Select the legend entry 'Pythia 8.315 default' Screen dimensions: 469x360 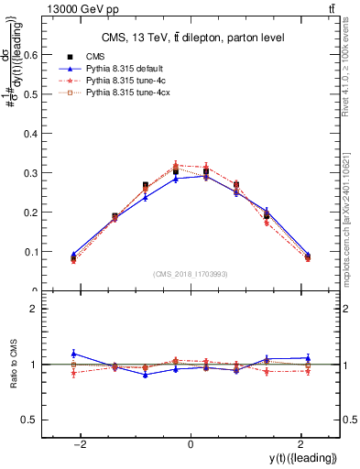point(123,69)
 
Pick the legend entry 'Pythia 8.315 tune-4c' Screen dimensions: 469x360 point(124,81)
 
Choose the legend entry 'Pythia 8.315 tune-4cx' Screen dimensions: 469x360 point(125,93)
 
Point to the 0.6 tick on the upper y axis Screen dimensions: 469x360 point(50,54)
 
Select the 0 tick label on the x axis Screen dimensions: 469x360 point(191,443)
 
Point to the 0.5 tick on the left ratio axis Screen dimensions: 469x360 point(50,420)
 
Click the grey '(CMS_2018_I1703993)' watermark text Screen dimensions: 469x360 point(191,273)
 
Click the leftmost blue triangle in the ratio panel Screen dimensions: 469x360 point(73,353)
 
